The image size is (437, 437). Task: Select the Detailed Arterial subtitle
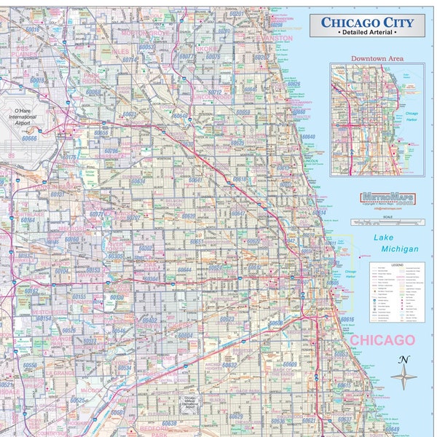[367, 34]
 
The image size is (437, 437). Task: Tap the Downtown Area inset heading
[377, 58]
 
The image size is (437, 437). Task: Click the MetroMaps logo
[383, 197]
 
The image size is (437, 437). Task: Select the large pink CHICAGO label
[382, 340]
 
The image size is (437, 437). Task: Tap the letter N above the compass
[404, 359]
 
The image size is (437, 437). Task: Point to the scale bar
[384, 221]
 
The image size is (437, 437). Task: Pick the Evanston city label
[275, 38]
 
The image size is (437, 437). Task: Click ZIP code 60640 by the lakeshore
[309, 137]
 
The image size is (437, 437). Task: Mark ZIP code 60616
[347, 320]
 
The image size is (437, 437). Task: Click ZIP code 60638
[168, 423]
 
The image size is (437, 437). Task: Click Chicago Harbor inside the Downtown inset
[412, 115]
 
